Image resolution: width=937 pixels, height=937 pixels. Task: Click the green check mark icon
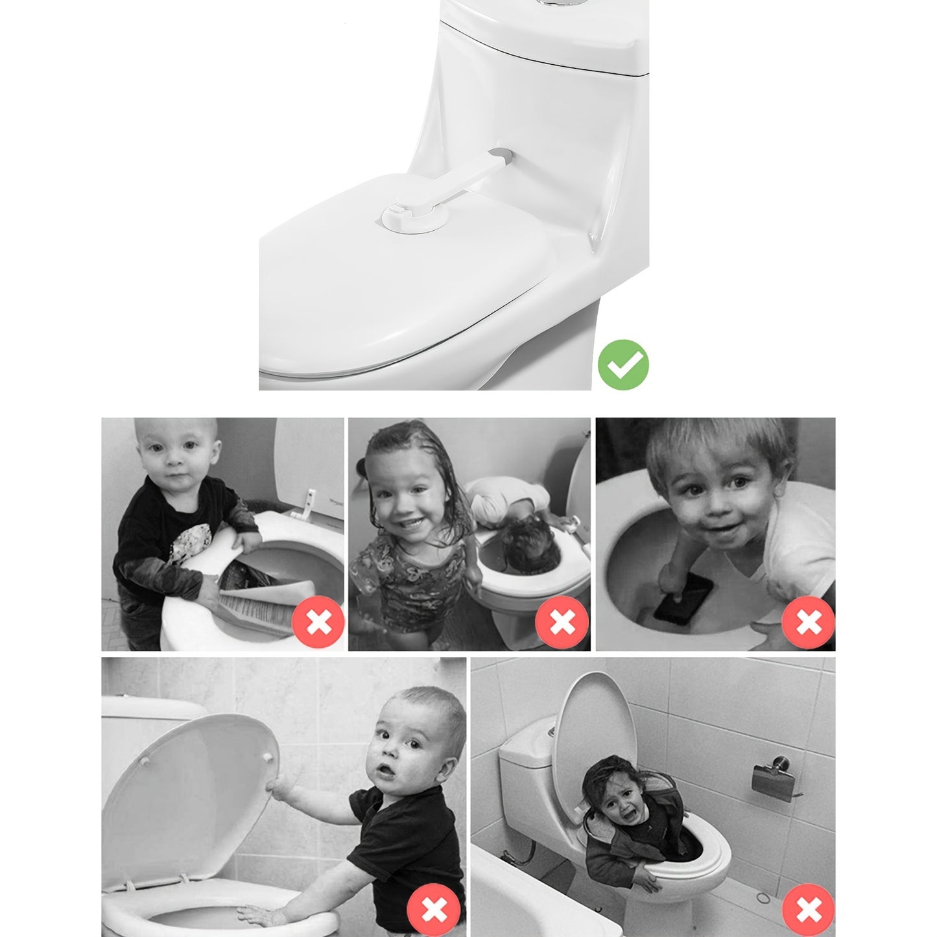623,364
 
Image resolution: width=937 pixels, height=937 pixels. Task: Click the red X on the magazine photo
318,623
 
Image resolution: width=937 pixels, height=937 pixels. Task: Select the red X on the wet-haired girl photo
562,623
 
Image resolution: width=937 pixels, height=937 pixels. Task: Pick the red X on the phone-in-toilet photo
809,623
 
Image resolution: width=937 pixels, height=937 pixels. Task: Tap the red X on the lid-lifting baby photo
434,909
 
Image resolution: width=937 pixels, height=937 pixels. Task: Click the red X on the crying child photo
809,909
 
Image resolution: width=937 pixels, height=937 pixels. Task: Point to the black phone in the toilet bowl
683,596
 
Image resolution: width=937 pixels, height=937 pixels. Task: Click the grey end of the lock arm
501,156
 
